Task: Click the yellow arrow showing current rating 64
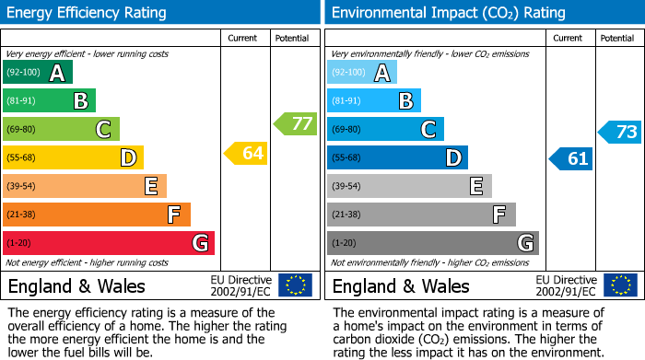point(246,153)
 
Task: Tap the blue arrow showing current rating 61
point(570,158)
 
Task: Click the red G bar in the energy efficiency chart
point(109,243)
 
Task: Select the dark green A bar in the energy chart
point(37,73)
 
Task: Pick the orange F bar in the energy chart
point(97,215)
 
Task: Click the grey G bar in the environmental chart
point(433,243)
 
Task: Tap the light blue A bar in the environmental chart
point(361,73)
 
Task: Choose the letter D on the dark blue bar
point(452,158)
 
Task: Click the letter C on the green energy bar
point(104,130)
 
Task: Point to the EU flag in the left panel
point(295,285)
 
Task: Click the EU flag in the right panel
point(619,285)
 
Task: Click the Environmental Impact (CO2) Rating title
point(448,13)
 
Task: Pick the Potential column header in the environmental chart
point(617,38)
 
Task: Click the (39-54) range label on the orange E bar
point(21,187)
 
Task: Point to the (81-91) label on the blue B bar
point(346,101)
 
